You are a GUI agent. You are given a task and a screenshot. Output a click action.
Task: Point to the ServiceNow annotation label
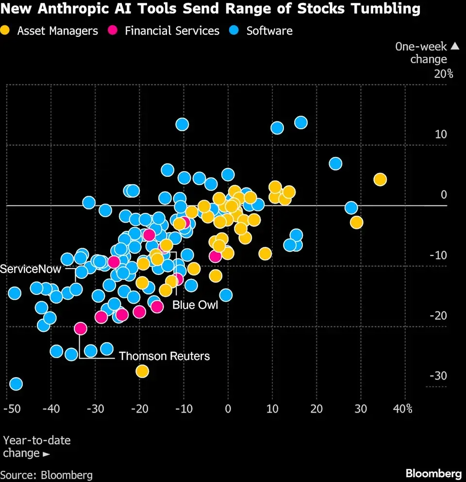pos(31,269)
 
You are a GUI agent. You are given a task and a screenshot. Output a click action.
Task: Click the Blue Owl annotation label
pos(195,305)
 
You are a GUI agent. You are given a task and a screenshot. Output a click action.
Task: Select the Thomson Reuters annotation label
pos(164,356)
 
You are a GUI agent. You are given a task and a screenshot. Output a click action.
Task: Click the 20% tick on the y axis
pos(444,74)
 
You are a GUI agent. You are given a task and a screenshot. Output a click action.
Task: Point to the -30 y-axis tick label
pos(439,376)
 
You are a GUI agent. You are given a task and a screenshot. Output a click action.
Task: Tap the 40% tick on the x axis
pos(402,409)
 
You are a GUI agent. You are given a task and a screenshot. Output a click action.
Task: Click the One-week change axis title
pos(421,53)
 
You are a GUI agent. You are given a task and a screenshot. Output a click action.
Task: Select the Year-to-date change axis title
pos(36,447)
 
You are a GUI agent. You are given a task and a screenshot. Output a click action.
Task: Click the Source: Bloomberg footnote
pos(47,475)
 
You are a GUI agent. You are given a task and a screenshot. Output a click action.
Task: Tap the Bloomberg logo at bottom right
pos(433,473)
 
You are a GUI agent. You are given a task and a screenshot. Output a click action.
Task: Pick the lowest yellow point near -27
pos(142,371)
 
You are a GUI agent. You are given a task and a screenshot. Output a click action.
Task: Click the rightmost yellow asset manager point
pos(380,180)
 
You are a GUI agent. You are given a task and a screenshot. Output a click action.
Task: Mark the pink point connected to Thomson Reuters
pos(81,329)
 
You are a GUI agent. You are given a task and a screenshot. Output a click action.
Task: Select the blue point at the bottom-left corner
pos(16,384)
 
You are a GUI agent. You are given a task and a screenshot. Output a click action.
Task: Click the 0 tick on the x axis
pos(228,409)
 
